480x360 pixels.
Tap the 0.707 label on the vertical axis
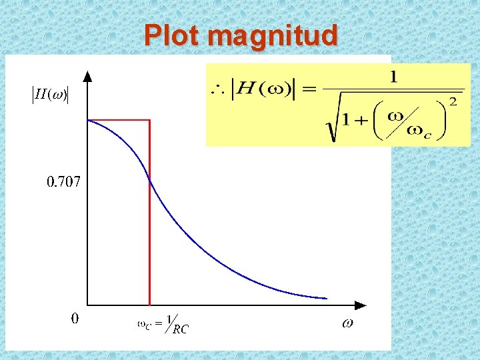point(63,181)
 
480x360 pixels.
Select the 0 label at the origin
point(75,319)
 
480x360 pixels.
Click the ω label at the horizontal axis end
point(347,323)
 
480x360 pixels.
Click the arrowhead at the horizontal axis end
point(361,305)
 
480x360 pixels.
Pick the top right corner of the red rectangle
point(149,120)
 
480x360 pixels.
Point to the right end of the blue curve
point(327,298)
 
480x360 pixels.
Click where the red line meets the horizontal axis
point(149,305)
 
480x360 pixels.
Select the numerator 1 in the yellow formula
point(393,77)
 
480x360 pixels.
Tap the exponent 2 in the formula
point(453,101)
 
